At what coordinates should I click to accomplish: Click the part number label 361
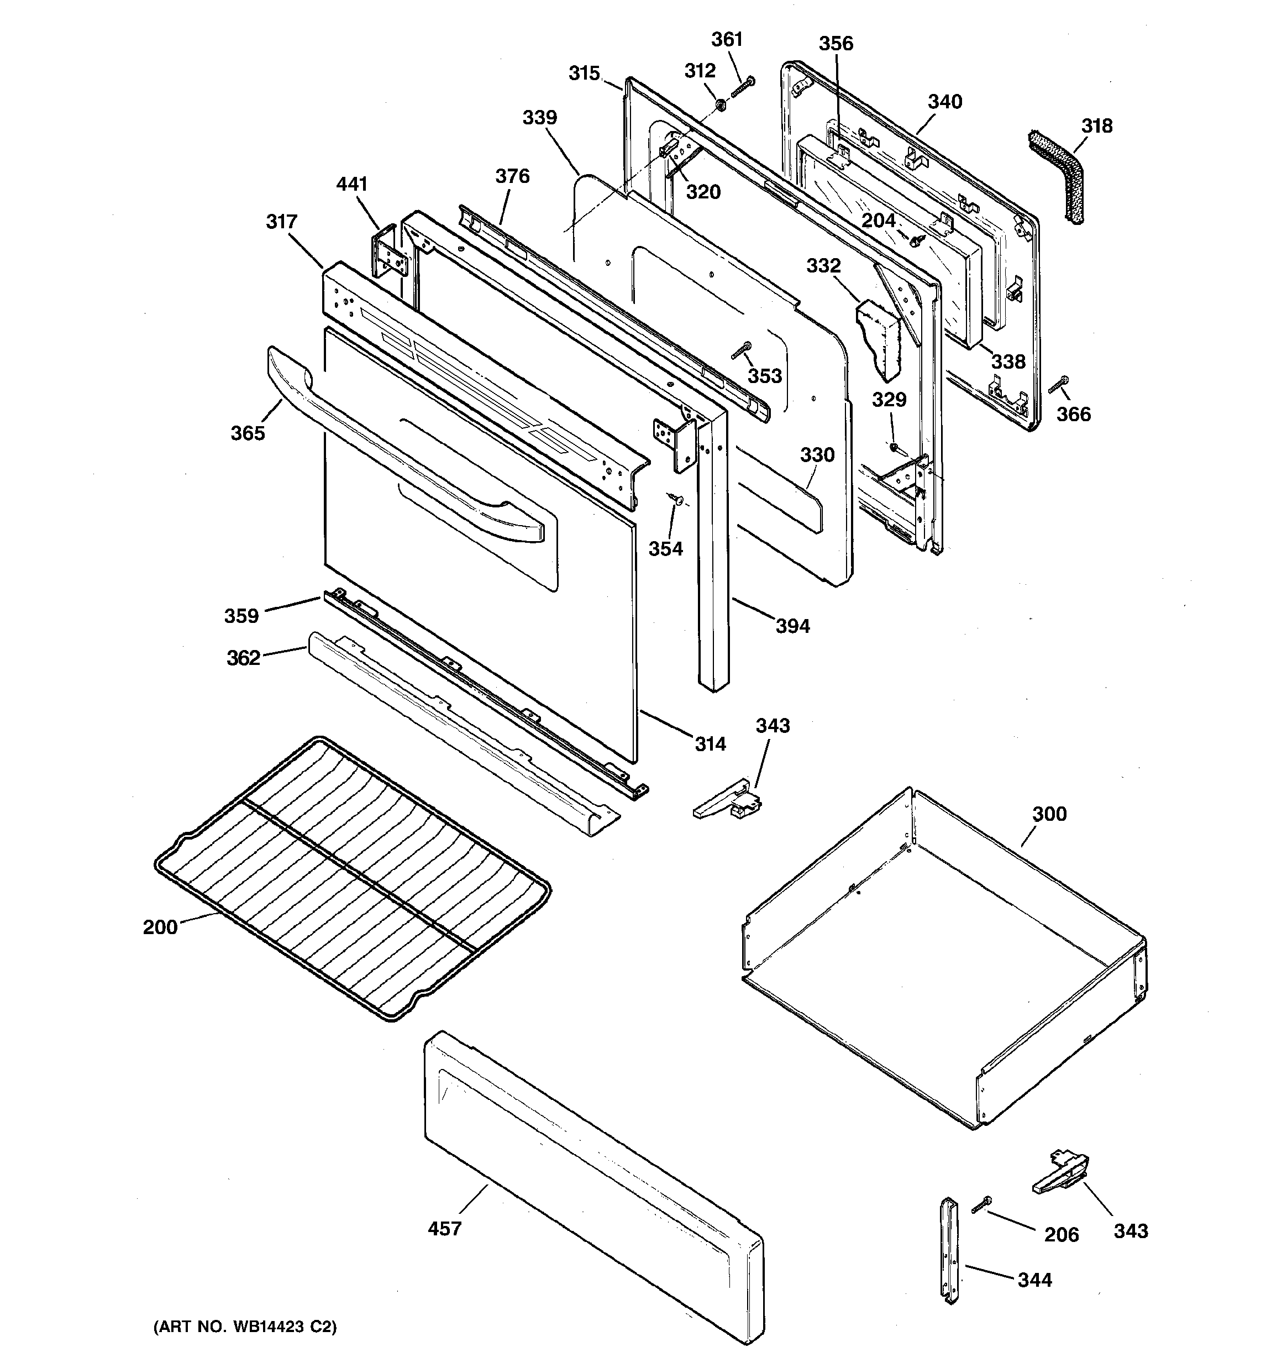coord(727,39)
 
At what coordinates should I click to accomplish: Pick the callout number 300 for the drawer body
coord(1049,814)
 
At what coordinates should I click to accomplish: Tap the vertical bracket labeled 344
coord(950,1259)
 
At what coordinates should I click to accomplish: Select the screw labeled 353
coord(741,351)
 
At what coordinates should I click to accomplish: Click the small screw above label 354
coord(675,499)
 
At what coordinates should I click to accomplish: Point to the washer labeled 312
coord(721,105)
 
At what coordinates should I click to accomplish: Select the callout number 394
coord(793,626)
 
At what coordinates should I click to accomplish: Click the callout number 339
coord(539,118)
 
